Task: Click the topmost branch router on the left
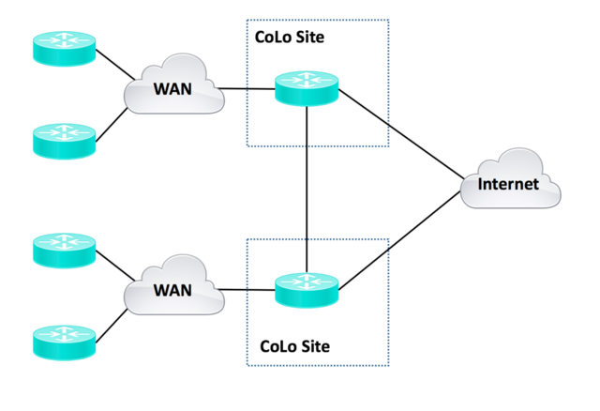pos(64,50)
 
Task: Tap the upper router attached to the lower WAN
pos(64,249)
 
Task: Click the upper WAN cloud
pos(173,90)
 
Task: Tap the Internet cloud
pos(509,183)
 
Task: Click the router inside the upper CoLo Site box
pos(307,90)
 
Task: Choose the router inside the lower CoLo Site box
pos(307,289)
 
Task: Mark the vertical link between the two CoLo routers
pos(307,188)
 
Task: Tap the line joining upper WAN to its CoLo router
pos(248,91)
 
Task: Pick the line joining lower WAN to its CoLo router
pos(248,290)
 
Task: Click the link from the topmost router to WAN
pos(114,66)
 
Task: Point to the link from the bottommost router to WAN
pos(112,324)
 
